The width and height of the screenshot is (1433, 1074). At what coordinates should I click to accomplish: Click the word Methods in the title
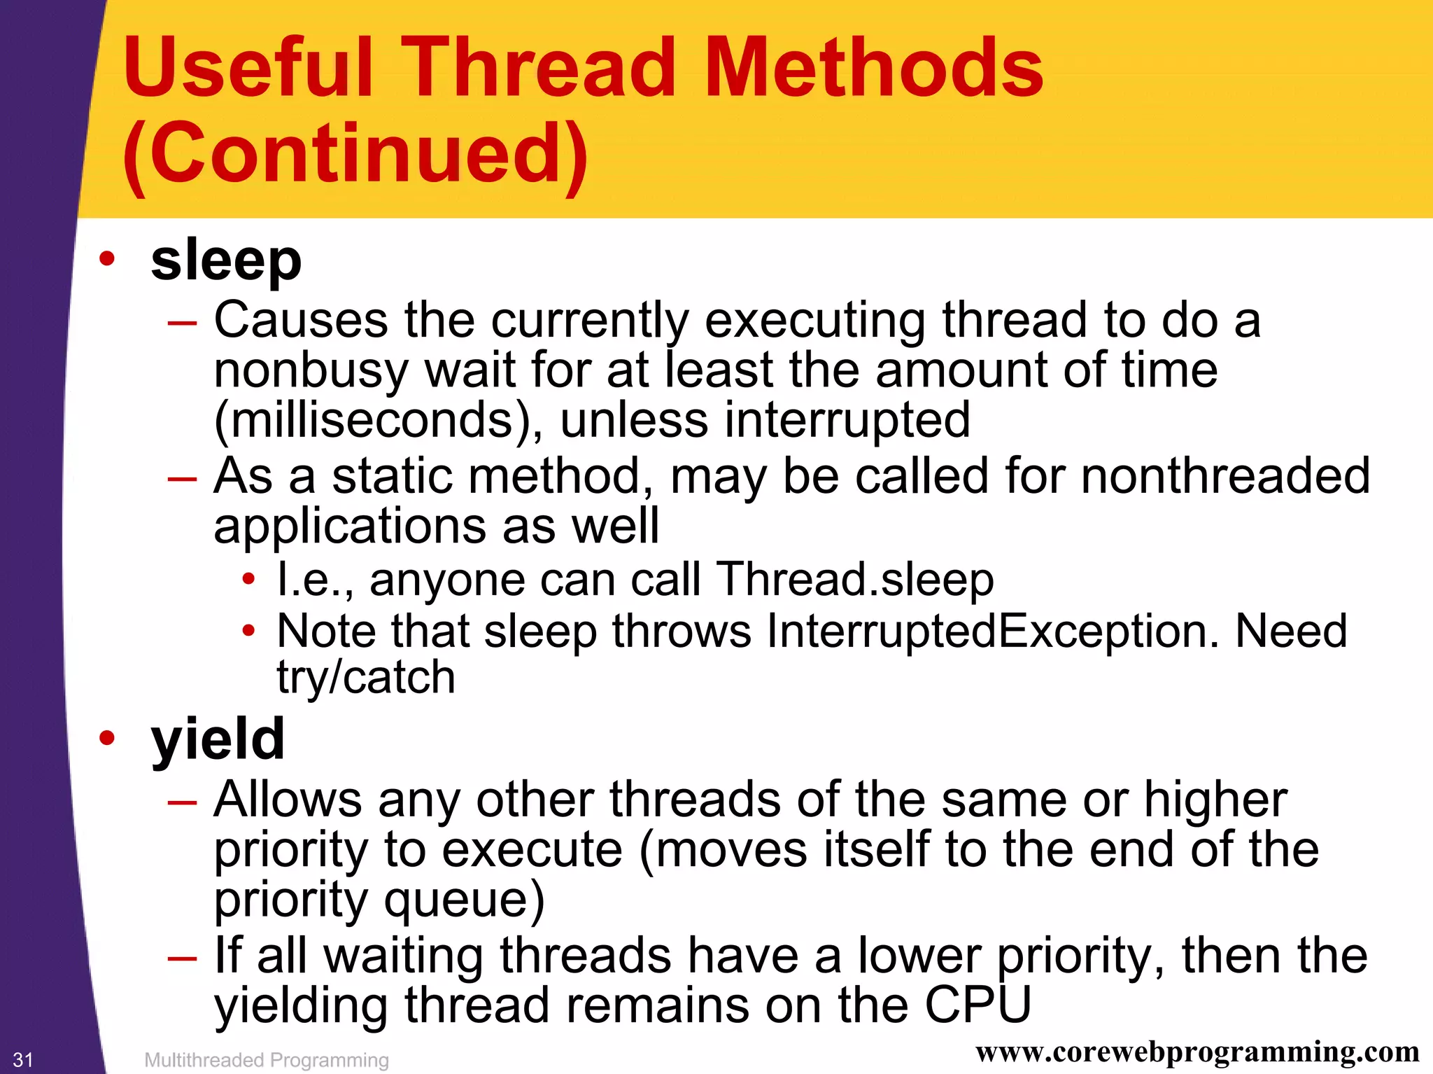873,67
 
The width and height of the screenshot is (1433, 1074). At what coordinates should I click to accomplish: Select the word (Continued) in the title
355,153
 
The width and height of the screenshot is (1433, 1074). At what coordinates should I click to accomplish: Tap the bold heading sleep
226,260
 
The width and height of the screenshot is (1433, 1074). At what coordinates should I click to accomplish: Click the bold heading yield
218,739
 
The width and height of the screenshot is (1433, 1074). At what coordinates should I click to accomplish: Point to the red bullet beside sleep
106,259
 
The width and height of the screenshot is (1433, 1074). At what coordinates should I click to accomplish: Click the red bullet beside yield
106,738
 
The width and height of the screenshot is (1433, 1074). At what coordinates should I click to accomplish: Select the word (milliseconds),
378,420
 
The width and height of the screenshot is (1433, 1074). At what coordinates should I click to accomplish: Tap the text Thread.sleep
854,580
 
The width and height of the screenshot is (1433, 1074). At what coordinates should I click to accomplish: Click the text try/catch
366,678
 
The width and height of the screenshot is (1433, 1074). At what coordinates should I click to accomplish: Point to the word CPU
977,1005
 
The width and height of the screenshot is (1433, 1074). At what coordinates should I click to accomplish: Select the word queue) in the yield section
464,900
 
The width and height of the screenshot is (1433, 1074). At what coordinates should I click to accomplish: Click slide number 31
23,1059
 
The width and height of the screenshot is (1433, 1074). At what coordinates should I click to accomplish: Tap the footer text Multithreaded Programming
266,1060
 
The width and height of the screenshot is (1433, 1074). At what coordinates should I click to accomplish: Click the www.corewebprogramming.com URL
1197,1052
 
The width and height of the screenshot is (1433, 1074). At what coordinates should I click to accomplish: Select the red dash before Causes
183,323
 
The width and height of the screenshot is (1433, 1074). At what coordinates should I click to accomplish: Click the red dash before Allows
183,802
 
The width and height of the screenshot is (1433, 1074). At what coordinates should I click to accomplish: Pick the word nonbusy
311,370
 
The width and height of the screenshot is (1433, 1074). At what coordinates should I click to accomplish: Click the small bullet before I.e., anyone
248,580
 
